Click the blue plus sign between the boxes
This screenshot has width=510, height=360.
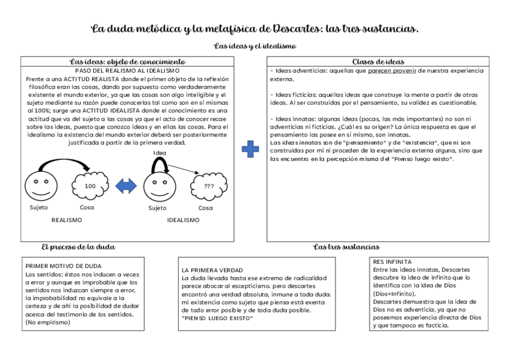[x=250, y=149]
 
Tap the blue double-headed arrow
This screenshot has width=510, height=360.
[x=126, y=186]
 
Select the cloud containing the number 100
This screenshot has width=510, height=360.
[x=90, y=186]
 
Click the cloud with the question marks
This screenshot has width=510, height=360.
[x=208, y=186]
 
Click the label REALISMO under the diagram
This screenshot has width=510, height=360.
[x=67, y=220]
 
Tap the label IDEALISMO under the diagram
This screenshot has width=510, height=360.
[x=183, y=220]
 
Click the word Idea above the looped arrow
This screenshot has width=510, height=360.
[x=159, y=153]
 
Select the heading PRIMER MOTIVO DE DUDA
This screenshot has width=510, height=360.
[x=63, y=266]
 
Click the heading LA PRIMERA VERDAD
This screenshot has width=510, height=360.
[x=212, y=270]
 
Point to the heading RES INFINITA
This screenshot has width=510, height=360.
[x=392, y=262]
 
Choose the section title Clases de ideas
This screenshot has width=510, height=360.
[x=378, y=61]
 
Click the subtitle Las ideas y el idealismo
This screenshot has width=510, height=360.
[x=255, y=46]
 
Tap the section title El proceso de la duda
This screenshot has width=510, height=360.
[x=78, y=247]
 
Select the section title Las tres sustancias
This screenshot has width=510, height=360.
[x=346, y=247]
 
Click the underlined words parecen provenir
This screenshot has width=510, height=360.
[x=393, y=71]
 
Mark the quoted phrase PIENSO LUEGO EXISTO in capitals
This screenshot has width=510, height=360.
[x=217, y=318]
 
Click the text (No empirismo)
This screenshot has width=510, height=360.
[x=48, y=323]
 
